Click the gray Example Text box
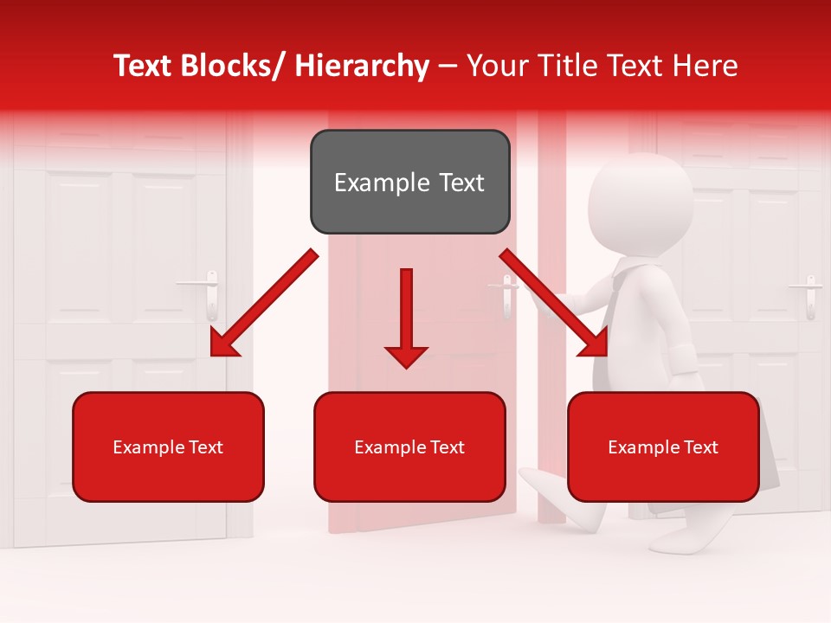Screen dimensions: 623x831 [409, 182]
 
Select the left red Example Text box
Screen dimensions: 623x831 [168, 446]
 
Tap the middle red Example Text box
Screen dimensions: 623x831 [409, 446]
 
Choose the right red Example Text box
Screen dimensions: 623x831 [663, 446]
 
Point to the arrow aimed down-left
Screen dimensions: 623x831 [263, 303]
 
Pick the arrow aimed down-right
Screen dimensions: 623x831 [554, 303]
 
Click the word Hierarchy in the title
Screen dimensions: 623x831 [362, 66]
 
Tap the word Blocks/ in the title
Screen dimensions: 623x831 [229, 66]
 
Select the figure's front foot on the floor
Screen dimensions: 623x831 [684, 541]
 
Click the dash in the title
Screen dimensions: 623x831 [448, 66]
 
